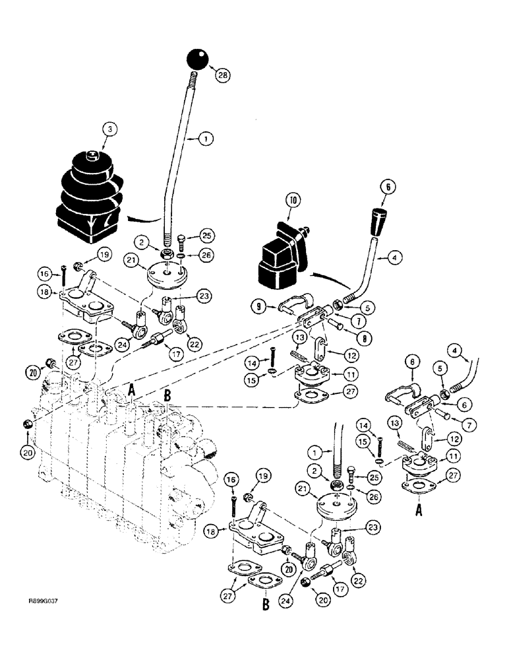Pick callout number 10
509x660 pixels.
[291, 198]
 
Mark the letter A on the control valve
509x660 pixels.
[132, 390]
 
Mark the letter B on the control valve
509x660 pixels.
[167, 396]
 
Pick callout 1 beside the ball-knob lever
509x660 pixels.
[205, 139]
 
